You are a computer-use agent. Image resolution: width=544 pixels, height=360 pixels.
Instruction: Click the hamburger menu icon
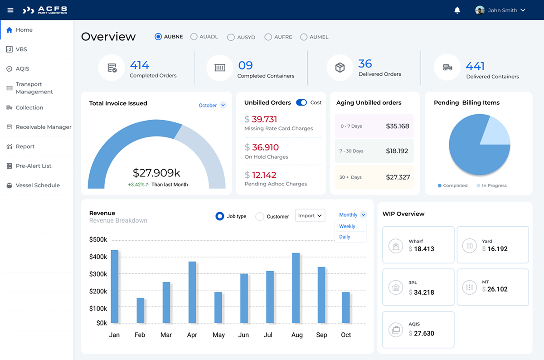10,10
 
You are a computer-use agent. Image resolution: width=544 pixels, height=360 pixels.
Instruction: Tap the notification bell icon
457,10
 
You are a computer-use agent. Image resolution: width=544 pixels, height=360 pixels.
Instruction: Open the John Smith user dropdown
500,10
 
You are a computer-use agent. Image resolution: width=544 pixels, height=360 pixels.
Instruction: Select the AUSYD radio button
231,37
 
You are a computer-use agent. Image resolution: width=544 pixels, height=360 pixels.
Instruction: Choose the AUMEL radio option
304,37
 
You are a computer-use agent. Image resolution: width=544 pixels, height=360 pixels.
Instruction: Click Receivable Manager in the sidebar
43,127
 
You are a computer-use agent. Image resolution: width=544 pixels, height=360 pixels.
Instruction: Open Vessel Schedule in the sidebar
37,185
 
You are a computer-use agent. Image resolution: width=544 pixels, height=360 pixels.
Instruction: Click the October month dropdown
212,105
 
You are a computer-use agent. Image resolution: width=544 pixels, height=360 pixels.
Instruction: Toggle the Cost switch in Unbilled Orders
301,102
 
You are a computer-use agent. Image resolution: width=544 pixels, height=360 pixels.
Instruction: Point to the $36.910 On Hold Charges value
265,147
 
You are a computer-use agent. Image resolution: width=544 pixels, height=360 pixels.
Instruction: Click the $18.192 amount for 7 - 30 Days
397,151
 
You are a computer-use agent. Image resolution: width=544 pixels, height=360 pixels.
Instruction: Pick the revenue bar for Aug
296,288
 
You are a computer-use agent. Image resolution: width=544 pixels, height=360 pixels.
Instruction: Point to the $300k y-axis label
98,274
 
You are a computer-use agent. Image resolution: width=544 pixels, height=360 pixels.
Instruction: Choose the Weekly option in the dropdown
347,226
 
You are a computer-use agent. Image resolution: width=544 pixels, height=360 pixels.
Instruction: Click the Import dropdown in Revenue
310,216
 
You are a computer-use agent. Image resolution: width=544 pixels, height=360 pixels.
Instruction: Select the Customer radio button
260,217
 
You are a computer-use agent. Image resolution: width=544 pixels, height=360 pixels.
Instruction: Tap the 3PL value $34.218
421,292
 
